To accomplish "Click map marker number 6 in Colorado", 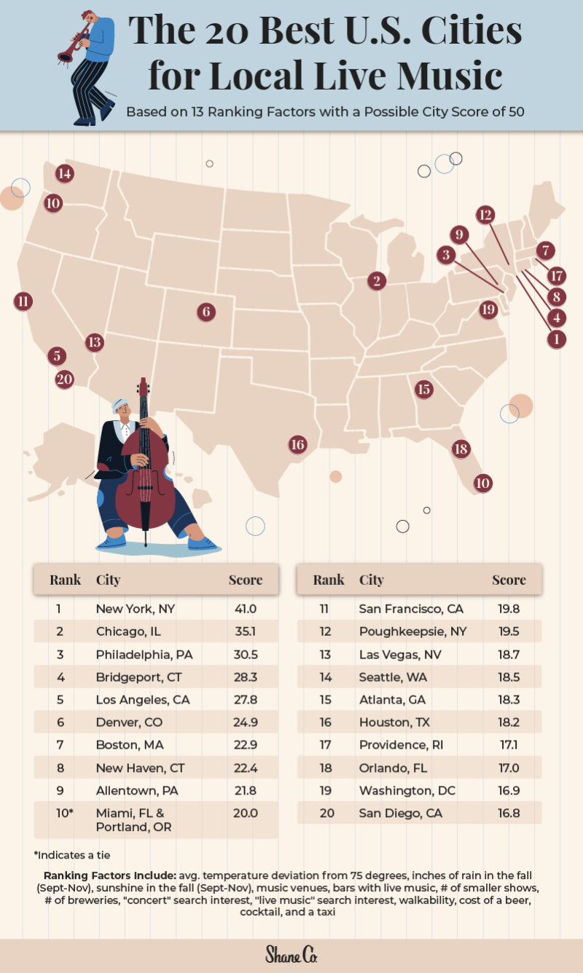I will (x=206, y=312).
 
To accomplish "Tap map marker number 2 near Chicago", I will (x=376, y=280).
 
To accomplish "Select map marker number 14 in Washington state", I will (x=65, y=173).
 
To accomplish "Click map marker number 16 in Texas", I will (x=297, y=444).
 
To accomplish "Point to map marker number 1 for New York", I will (x=556, y=339).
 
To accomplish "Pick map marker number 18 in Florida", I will (x=460, y=449).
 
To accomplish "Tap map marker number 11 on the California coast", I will (x=23, y=301).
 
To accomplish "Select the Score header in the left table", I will (x=245, y=580).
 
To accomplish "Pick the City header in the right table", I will (x=371, y=580).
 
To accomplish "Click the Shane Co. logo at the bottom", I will (x=291, y=954).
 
